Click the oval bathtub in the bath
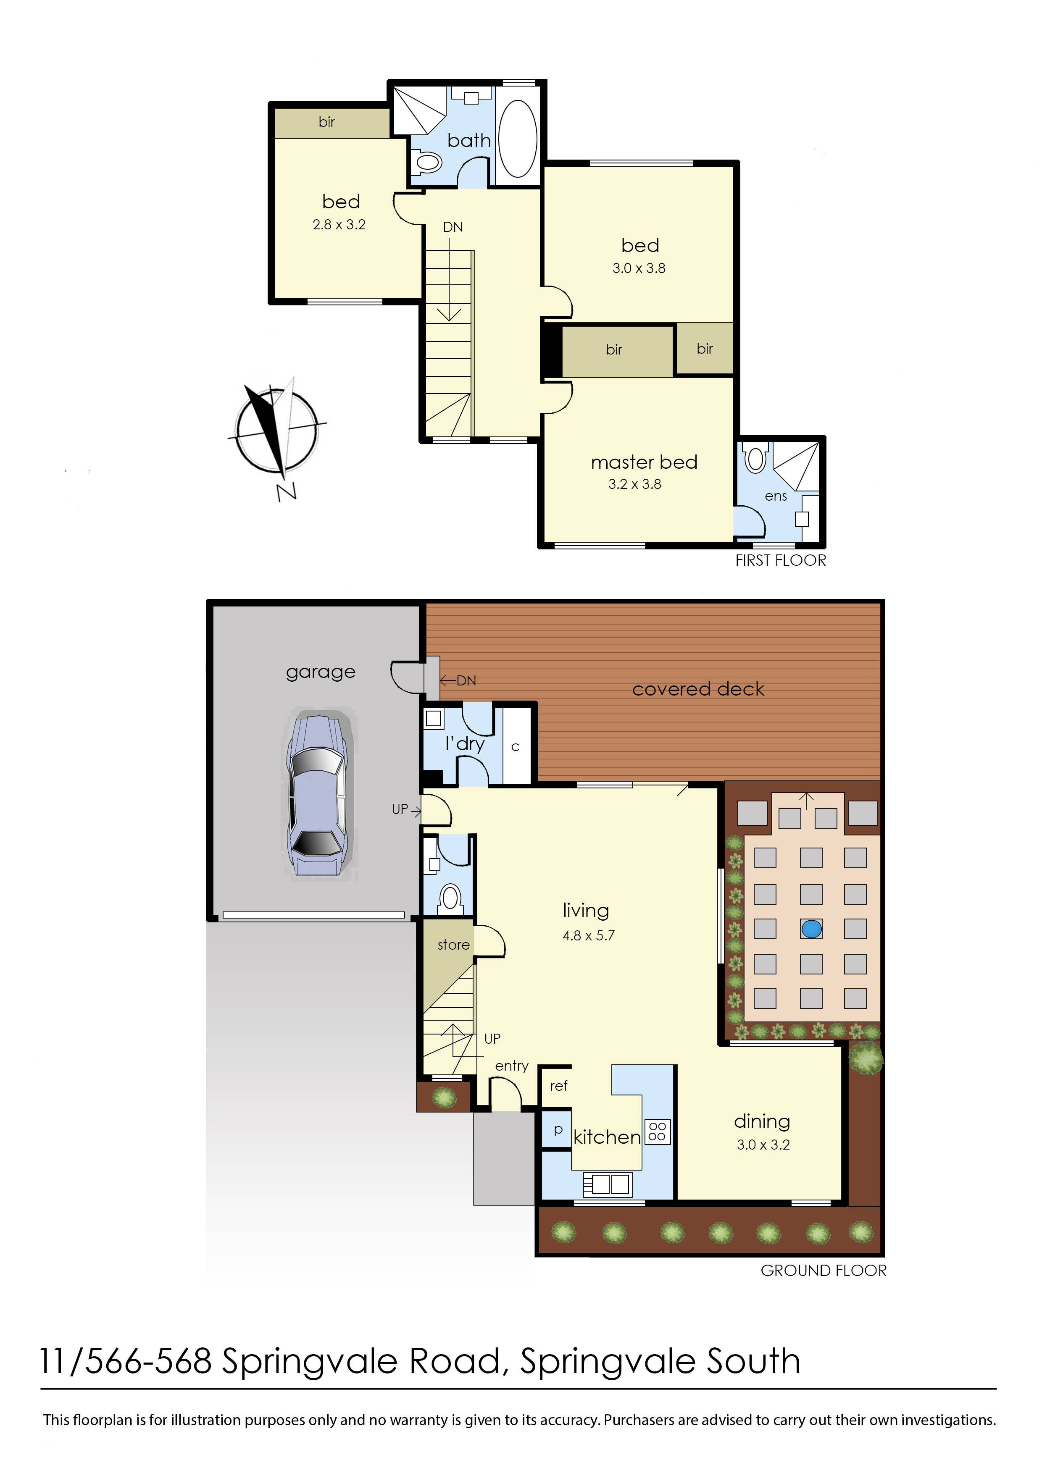(518, 139)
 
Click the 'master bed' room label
(644, 462)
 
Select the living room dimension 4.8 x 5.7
(588, 935)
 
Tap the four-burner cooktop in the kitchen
(657, 1131)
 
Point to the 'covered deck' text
(698, 689)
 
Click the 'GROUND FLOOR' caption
(823, 1270)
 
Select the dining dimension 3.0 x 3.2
(763, 1145)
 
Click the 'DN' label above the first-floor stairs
(453, 227)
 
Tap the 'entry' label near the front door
(511, 1066)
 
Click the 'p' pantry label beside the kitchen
(558, 1130)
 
